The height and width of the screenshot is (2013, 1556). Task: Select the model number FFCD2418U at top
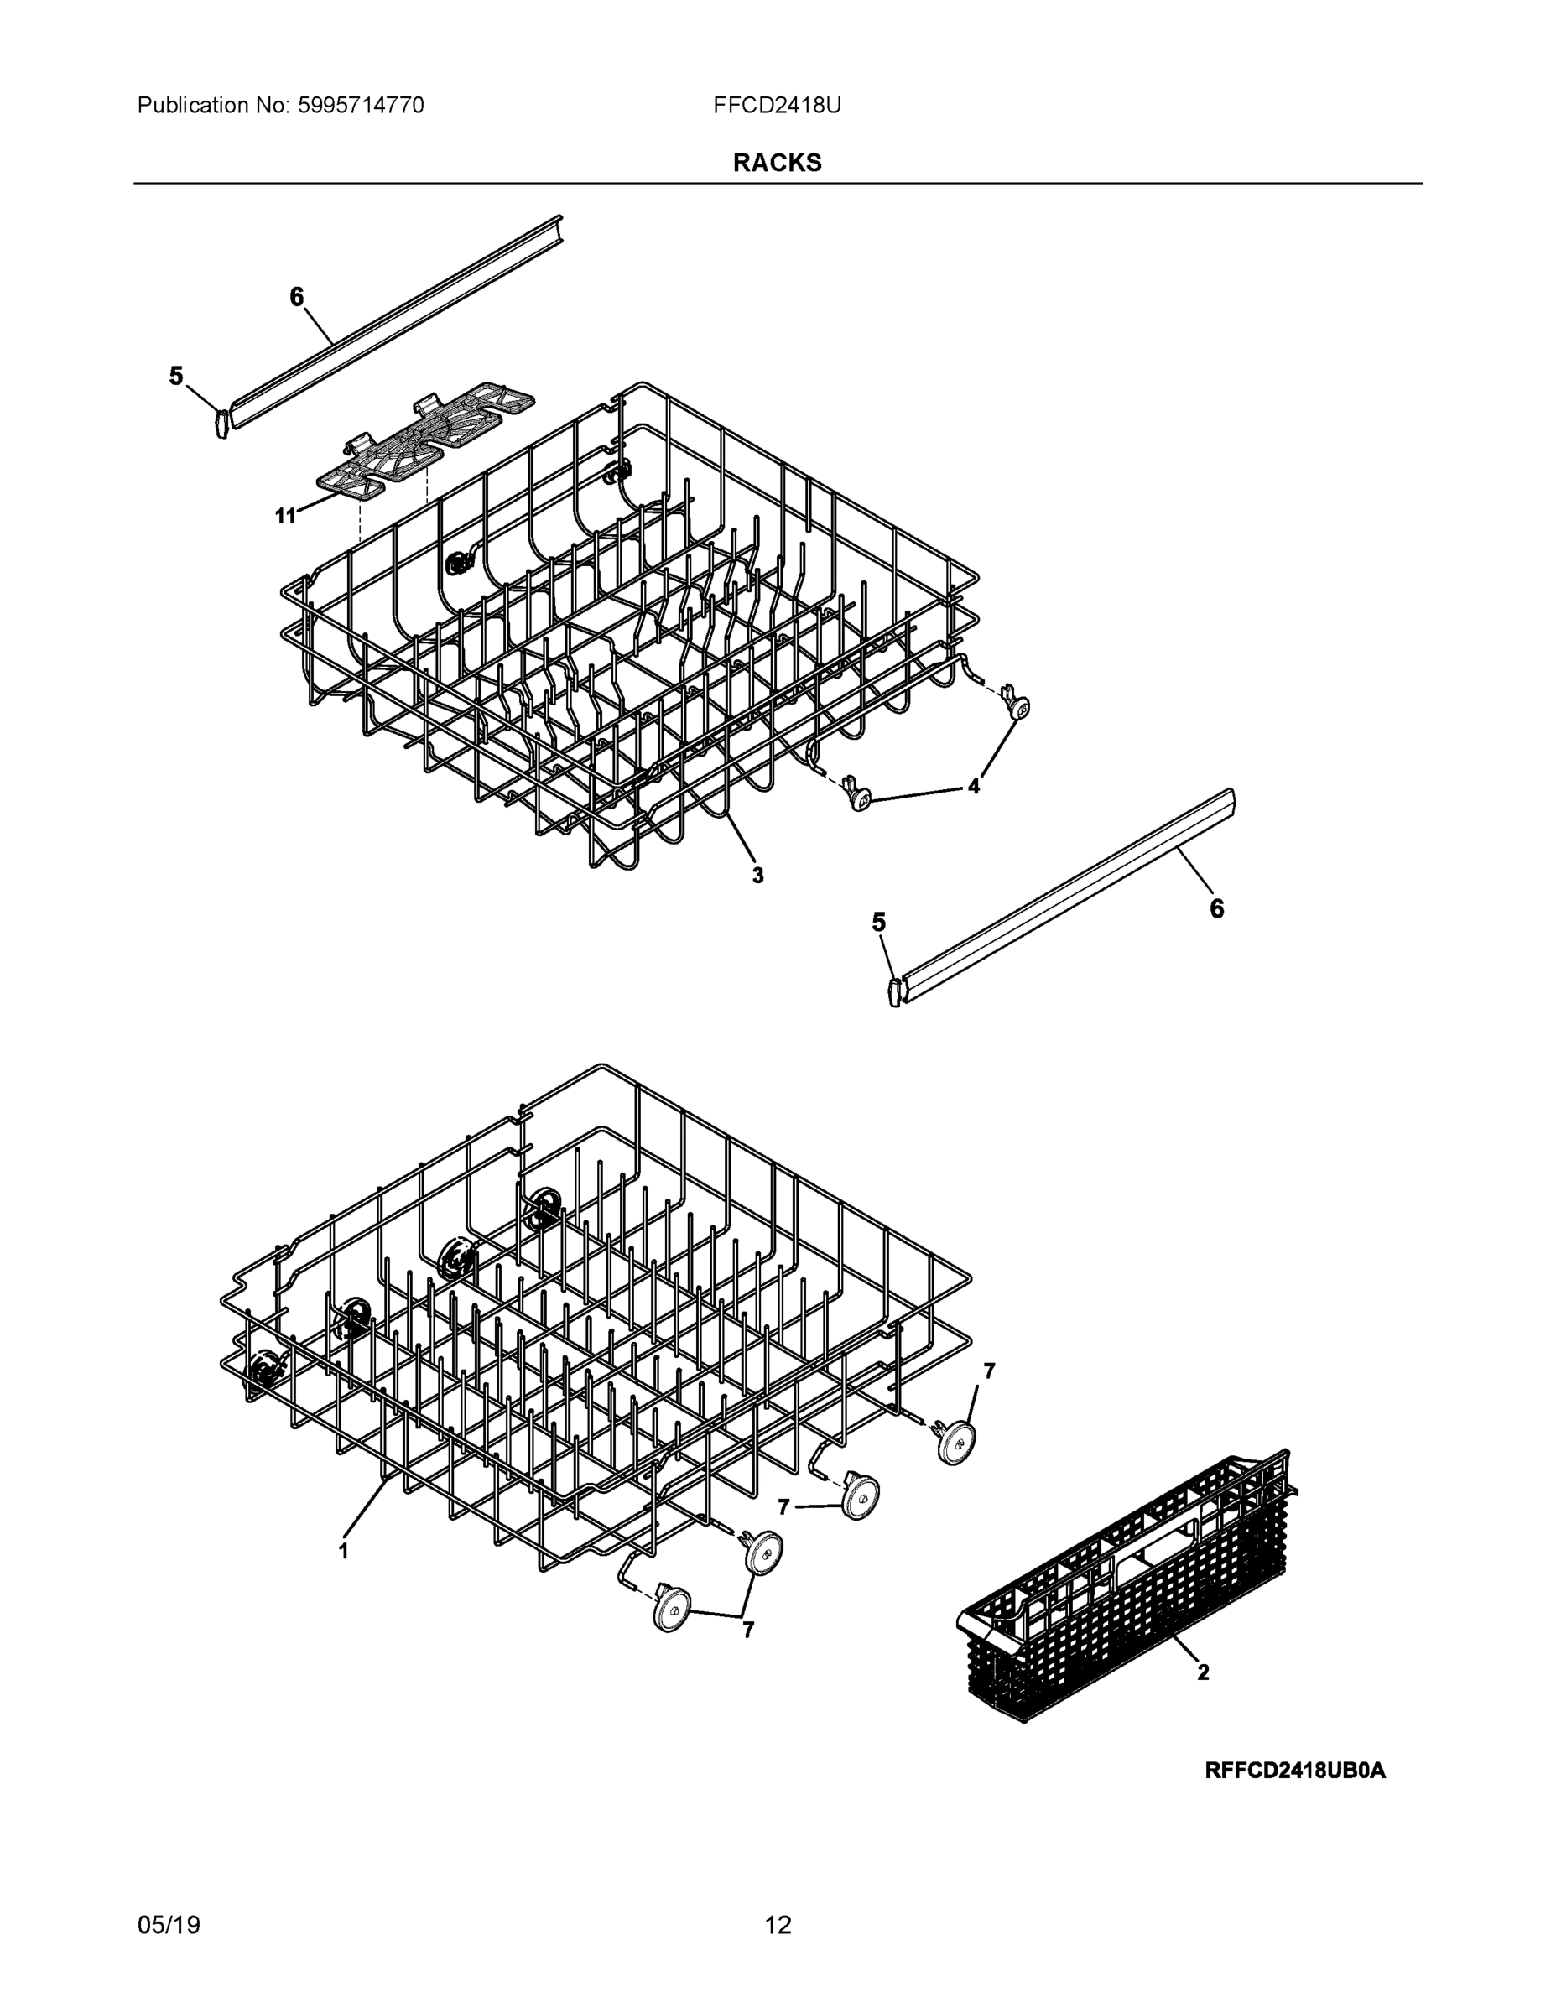[776, 105]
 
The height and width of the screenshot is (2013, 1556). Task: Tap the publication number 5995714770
[360, 105]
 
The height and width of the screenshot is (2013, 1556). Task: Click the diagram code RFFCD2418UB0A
[1294, 1771]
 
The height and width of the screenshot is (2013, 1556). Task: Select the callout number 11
[286, 516]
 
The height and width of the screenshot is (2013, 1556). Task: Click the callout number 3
[757, 876]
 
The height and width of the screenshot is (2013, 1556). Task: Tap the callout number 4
[973, 786]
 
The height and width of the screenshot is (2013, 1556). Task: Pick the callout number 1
[344, 1551]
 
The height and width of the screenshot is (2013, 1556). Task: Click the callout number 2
[1203, 1672]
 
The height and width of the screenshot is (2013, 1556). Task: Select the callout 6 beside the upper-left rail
[296, 297]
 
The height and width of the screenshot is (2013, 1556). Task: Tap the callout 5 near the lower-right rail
[878, 922]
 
